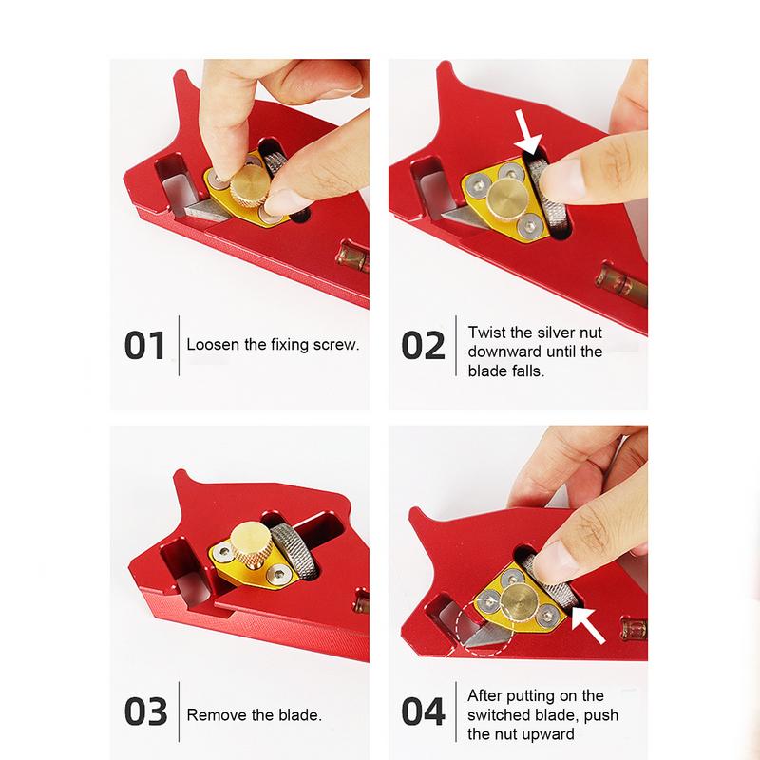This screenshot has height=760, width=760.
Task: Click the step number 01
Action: click(145, 345)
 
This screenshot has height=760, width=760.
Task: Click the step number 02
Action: click(423, 345)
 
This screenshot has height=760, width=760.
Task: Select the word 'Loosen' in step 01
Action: click(213, 345)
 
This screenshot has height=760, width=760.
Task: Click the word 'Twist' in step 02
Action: click(485, 333)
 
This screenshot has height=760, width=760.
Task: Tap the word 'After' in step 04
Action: click(485, 695)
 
